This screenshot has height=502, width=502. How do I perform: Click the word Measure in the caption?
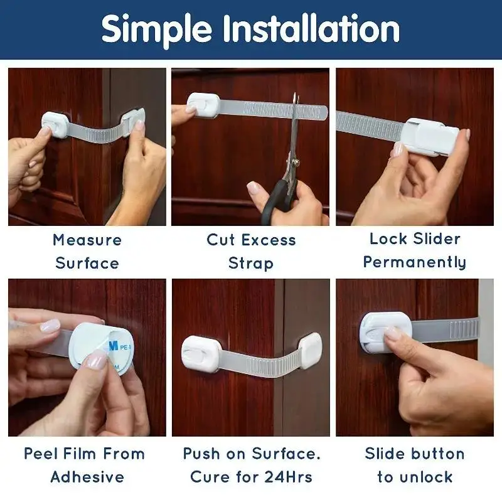pos(87,240)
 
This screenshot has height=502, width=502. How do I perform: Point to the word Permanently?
pos(414,262)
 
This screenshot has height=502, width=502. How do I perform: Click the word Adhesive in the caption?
pos(87,477)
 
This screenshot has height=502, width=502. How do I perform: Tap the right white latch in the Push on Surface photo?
pos(311,350)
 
